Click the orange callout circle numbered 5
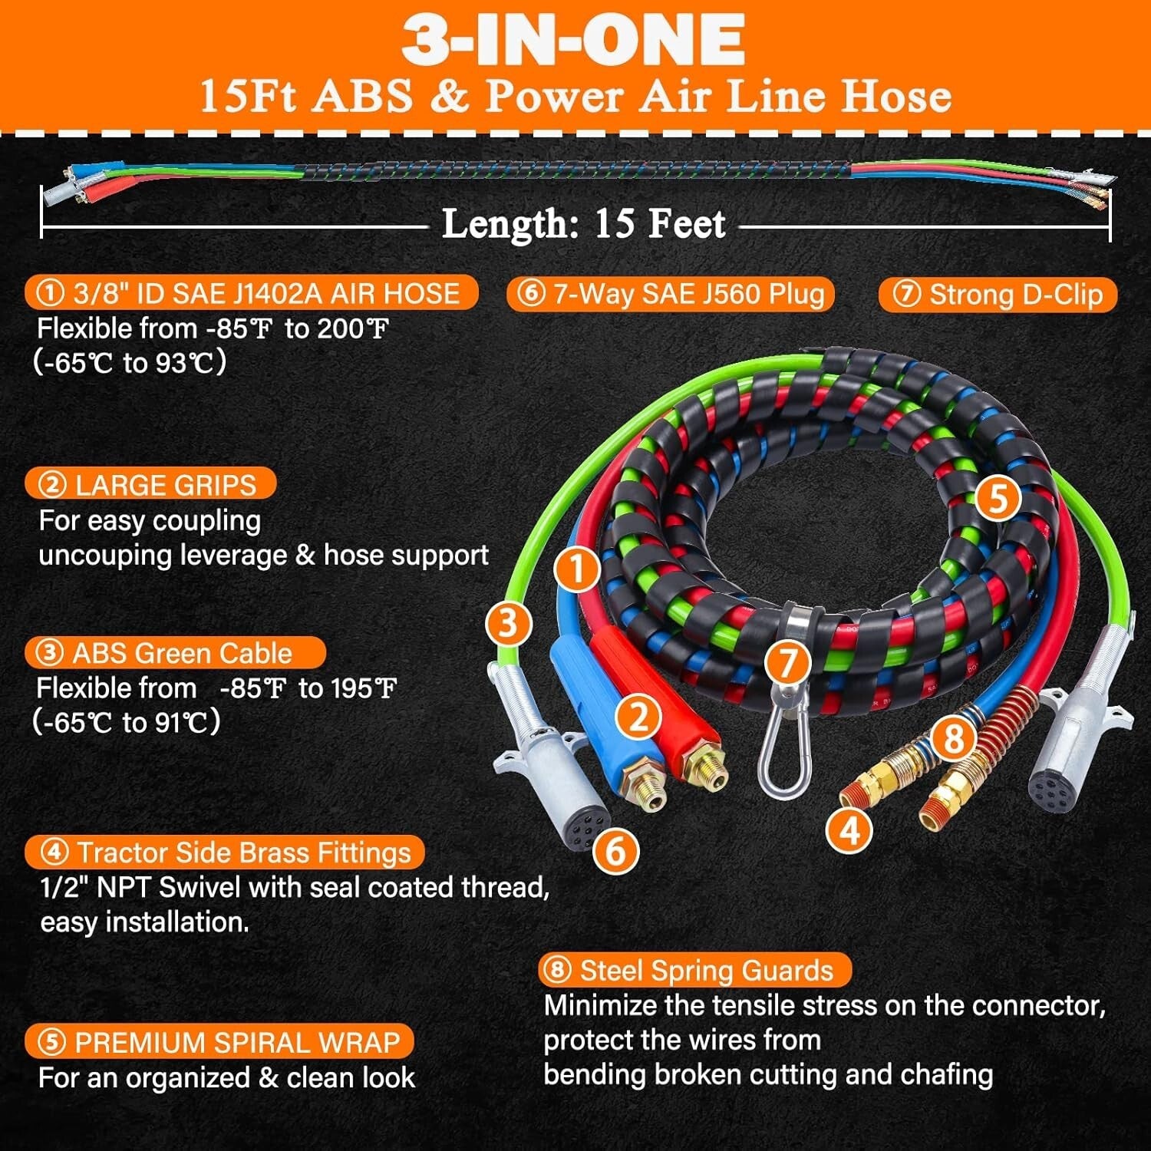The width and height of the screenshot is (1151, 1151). click(x=997, y=499)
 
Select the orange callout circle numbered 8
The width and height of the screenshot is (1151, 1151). click(x=954, y=738)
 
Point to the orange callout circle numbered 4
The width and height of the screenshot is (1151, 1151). click(x=850, y=829)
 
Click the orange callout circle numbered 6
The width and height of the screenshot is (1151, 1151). click(x=616, y=850)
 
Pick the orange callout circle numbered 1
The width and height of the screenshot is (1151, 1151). click(x=577, y=569)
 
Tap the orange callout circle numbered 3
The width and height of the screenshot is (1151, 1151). click(x=509, y=623)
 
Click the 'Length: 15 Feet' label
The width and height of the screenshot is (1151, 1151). click(x=583, y=225)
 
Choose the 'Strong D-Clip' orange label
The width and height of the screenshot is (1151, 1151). click(x=998, y=295)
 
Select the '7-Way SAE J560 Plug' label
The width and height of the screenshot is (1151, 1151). click(x=670, y=294)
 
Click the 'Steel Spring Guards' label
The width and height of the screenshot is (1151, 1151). click(x=694, y=971)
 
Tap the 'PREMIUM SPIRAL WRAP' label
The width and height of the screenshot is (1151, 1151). click(x=219, y=1042)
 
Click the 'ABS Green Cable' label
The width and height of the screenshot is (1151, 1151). click(x=175, y=653)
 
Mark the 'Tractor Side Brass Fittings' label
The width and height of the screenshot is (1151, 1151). click(x=225, y=853)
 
